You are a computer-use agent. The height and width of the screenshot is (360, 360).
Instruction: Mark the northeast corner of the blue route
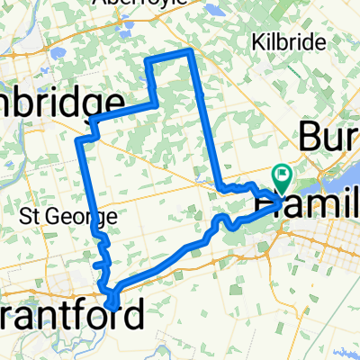point(190,52)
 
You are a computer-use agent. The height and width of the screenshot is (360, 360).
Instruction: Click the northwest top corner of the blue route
point(148,59)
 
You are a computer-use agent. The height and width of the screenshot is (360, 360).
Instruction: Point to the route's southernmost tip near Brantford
point(110,306)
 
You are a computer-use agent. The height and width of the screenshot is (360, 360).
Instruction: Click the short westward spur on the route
point(95,265)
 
